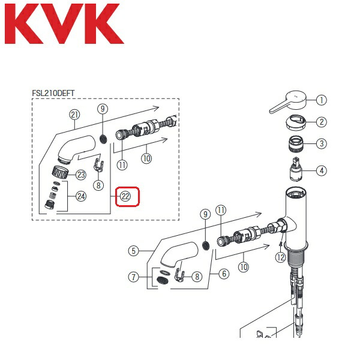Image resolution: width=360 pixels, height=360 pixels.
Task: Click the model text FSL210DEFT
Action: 57,93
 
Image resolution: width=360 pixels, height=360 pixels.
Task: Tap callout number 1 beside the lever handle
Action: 322,100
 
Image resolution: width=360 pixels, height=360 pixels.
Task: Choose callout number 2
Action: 322,122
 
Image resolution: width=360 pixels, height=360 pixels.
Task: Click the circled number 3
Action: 322,144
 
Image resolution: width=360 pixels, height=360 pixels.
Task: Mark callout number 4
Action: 322,171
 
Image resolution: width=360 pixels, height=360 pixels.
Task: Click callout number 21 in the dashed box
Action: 74,115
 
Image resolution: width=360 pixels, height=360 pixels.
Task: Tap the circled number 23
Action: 80,175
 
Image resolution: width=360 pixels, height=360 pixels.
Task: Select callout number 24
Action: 80,196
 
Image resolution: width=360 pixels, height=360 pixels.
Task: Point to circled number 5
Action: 133,251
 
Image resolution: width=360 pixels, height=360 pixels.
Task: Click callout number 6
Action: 224,274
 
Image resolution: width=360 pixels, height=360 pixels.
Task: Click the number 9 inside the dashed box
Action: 103,109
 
